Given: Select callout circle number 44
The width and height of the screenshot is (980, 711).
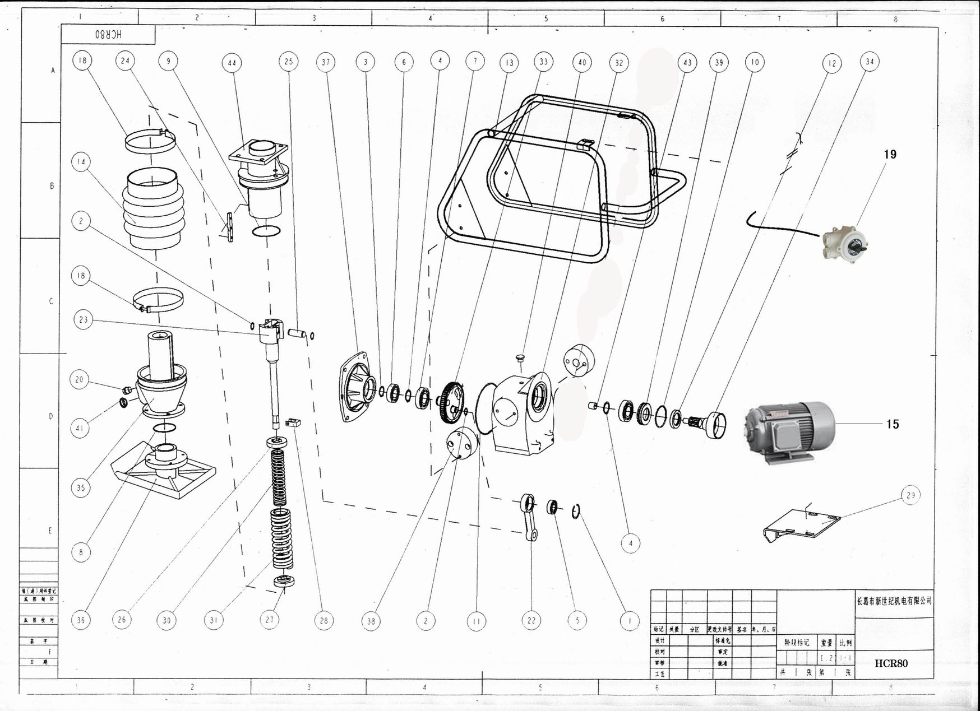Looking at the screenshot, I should (x=232, y=63).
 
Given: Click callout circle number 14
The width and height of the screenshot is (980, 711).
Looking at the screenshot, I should (x=81, y=162).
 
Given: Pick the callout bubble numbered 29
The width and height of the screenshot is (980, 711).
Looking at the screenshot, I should (x=910, y=495).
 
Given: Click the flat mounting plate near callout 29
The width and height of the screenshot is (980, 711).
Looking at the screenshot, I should (x=803, y=525).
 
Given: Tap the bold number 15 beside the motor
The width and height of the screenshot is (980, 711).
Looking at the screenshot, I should (x=893, y=424).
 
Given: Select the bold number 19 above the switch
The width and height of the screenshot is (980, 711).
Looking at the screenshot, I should (x=890, y=155).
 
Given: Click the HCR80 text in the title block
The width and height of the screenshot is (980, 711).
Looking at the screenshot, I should (x=891, y=663).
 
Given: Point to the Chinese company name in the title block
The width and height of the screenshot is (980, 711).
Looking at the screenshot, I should (x=894, y=601).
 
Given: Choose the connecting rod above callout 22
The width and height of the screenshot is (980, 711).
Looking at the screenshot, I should (x=529, y=517).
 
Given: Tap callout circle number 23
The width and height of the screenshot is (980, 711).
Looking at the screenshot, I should (x=84, y=320).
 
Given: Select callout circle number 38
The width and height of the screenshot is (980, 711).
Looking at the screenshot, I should (x=371, y=621).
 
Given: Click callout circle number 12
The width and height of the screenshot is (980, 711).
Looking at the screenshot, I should (x=832, y=63).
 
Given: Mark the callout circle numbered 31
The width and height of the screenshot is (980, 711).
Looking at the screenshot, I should (x=214, y=620).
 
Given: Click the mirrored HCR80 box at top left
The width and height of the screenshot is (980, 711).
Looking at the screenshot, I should (x=108, y=34).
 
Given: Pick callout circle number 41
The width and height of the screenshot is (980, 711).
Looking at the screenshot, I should (x=80, y=429).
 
